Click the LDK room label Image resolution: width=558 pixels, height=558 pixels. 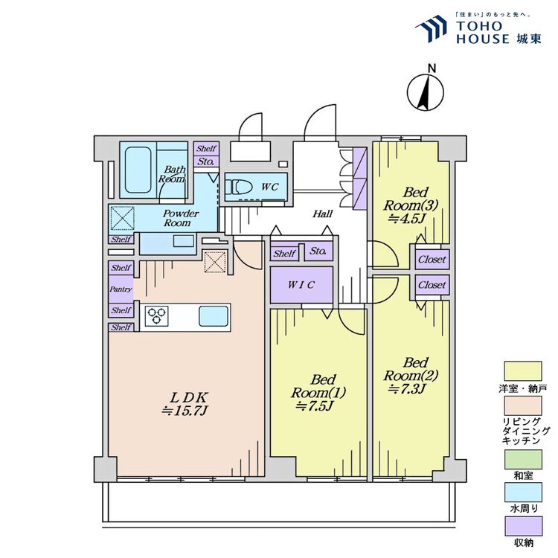tap(189, 397)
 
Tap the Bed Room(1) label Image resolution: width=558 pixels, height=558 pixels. tap(318, 386)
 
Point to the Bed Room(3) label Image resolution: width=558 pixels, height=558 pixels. tap(410, 199)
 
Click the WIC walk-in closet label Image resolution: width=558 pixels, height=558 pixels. tap(301, 285)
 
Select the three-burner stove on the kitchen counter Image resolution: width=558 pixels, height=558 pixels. tap(156, 315)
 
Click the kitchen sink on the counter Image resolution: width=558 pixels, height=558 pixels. tap(214, 316)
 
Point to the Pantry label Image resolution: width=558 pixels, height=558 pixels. tap(121, 289)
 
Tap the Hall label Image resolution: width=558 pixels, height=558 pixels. tap(322, 214)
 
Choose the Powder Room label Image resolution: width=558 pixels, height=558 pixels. tap(181, 218)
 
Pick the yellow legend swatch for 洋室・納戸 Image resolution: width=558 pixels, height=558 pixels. tap(523, 371)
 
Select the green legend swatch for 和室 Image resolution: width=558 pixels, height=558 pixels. tap(523, 460)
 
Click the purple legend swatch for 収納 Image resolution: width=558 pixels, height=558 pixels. tap(524, 526)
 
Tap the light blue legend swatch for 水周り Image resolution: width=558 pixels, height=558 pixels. tap(524, 493)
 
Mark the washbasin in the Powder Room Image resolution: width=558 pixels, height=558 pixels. tap(184, 241)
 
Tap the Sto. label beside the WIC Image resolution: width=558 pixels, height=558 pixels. tap(318, 251)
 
